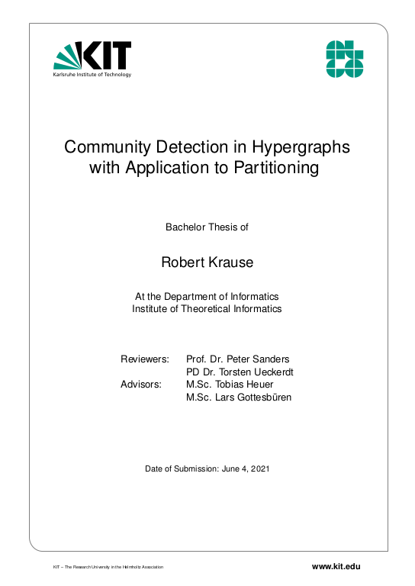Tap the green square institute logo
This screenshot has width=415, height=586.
point(345,59)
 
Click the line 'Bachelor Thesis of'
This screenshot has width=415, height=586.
point(207,227)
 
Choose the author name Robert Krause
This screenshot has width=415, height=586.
point(207,262)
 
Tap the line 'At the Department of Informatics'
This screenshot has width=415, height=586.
point(207,296)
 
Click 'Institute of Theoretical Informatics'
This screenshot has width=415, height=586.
point(207,309)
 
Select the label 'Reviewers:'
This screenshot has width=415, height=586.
point(145,359)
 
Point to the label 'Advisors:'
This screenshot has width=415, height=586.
point(141,385)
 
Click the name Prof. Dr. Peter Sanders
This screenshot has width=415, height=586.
point(238,359)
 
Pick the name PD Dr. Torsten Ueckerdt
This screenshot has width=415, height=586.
point(240,372)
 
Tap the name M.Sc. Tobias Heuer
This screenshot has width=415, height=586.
point(230,385)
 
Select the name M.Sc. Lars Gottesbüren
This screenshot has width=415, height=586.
point(239,398)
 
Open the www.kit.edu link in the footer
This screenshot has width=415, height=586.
point(336,566)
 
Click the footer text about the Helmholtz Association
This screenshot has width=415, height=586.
point(108,568)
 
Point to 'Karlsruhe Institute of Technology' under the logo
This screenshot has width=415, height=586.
point(92,75)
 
